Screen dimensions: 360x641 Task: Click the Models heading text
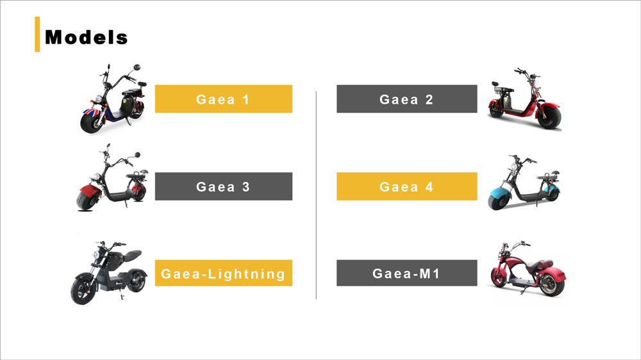click(x=87, y=38)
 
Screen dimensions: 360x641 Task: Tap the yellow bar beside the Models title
click(x=37, y=35)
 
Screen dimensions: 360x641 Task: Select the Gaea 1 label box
click(x=223, y=99)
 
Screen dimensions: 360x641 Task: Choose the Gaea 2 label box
click(x=406, y=99)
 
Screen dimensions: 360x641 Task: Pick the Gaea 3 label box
click(x=223, y=186)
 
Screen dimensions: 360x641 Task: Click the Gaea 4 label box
click(x=406, y=186)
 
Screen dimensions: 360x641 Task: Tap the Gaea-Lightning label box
click(x=223, y=274)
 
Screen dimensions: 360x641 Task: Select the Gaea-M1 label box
click(x=406, y=274)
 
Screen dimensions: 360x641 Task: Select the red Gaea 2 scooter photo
click(x=524, y=102)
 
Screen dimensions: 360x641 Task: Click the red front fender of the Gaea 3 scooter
click(x=89, y=191)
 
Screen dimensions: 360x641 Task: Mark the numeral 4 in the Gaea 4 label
click(x=429, y=187)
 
